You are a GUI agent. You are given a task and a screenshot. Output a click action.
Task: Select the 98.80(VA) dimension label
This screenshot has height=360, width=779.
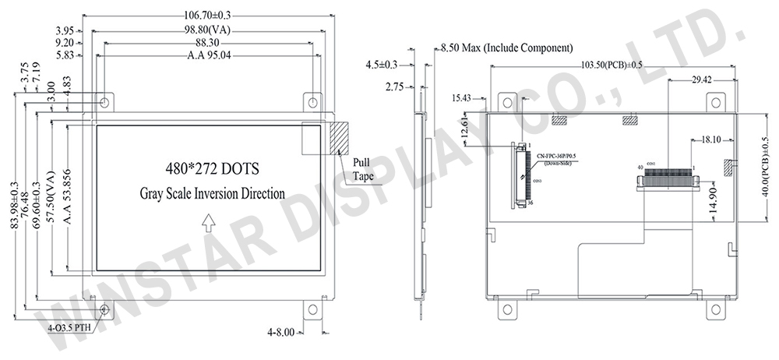tap(206, 30)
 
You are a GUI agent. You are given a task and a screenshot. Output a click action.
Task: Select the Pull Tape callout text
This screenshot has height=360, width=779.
tap(362, 169)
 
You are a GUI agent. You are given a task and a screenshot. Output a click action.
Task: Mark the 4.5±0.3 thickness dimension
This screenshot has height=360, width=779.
tap(382, 65)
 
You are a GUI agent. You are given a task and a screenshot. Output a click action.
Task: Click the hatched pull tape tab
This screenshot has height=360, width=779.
tap(338, 139)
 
